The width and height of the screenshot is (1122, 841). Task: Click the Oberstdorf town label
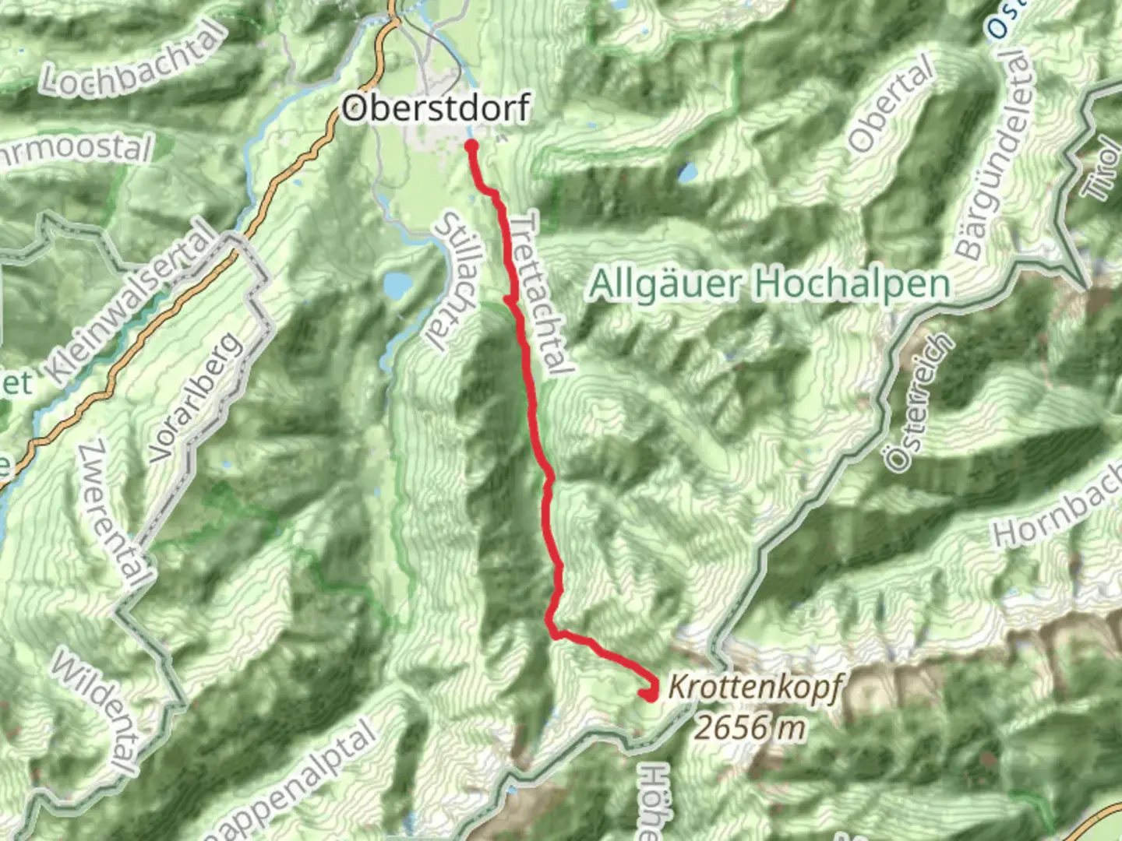(436, 107)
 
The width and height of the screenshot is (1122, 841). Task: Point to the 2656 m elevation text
(749, 727)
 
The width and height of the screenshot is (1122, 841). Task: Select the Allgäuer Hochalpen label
(770, 284)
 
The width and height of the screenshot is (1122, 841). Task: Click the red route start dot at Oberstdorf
(471, 145)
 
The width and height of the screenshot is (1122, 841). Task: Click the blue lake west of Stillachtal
(397, 287)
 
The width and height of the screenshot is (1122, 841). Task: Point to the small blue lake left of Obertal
(688, 172)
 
